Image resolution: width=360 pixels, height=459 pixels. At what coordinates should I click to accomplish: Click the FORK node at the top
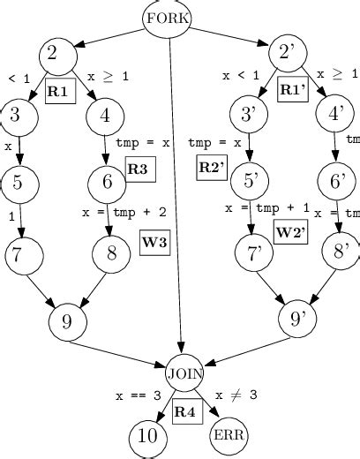[168, 18]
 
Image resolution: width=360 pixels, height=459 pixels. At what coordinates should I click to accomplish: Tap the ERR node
[229, 435]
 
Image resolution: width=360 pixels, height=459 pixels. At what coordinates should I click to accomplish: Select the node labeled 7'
[256, 254]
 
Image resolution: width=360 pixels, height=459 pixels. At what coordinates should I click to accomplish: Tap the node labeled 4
[106, 115]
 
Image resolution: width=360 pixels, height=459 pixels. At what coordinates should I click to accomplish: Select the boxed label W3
[154, 244]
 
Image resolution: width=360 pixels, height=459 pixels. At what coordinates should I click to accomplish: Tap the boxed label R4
[185, 411]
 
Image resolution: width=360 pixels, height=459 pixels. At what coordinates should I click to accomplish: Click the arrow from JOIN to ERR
[208, 406]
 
